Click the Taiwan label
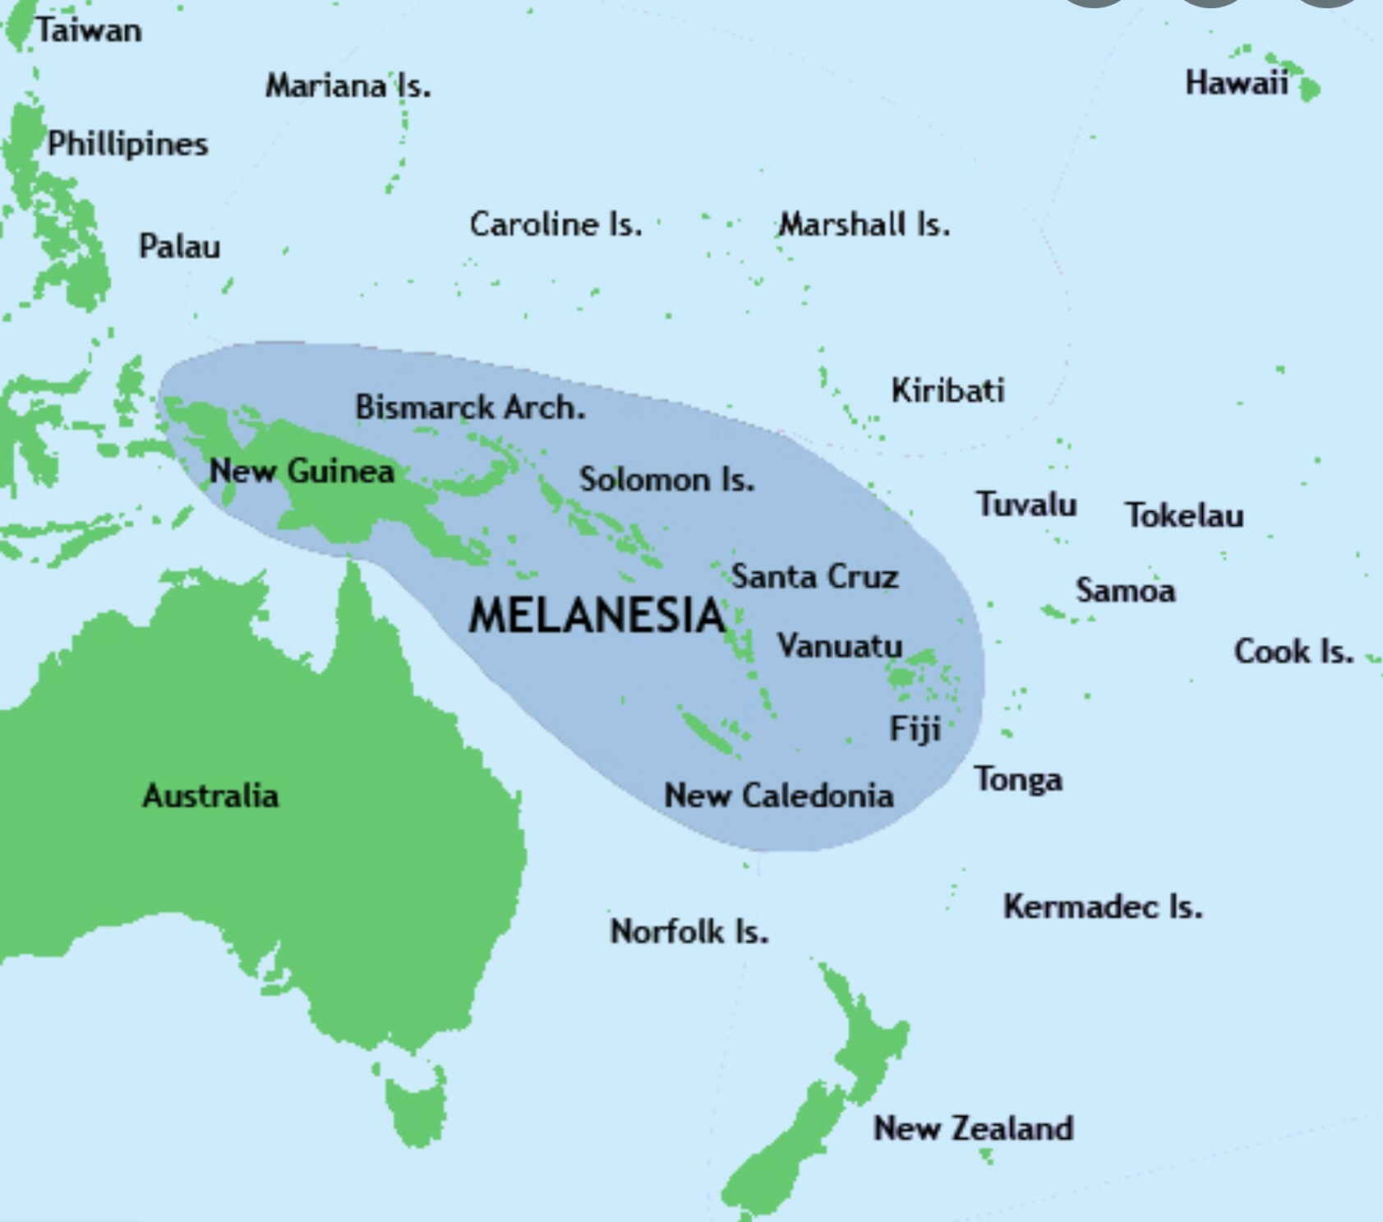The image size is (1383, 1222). click(x=89, y=31)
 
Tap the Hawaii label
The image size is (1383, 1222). click(x=1236, y=83)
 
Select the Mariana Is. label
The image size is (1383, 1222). click(x=348, y=85)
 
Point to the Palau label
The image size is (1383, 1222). click(x=179, y=246)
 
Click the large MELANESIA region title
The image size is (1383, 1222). click(x=597, y=616)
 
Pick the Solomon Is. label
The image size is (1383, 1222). click(x=666, y=479)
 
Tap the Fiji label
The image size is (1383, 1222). click(x=915, y=729)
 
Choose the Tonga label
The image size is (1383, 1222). click(x=1018, y=779)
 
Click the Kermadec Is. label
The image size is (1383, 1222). click(x=1102, y=906)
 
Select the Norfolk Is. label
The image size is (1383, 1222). click(x=689, y=932)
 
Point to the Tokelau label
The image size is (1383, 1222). click(x=1183, y=515)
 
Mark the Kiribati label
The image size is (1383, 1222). click(x=947, y=390)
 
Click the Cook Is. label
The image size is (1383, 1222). click(x=1293, y=652)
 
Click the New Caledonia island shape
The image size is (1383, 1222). click(x=708, y=731)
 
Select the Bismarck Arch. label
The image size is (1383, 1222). click(x=470, y=407)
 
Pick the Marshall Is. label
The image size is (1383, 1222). click(x=864, y=224)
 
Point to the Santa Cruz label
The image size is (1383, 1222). click(x=814, y=576)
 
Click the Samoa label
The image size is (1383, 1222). click(x=1125, y=590)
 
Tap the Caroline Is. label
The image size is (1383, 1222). click(x=556, y=224)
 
